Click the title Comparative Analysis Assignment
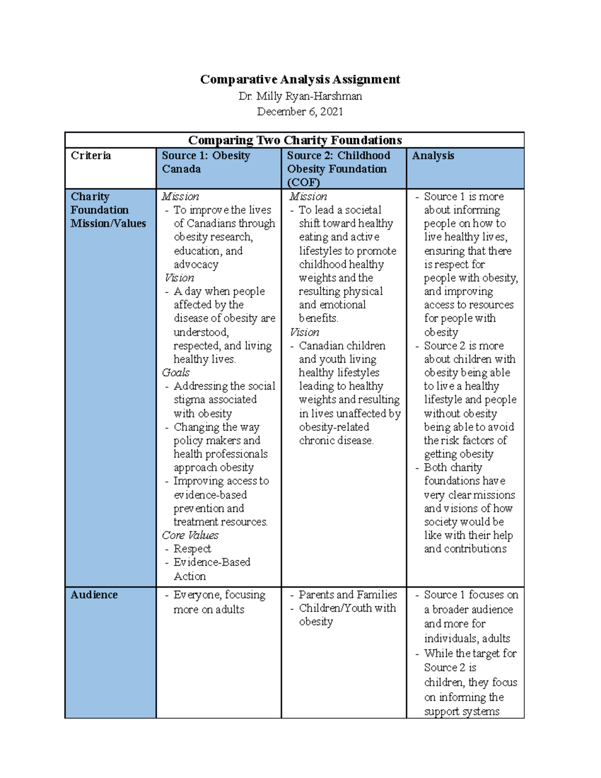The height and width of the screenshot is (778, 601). pyautogui.click(x=300, y=79)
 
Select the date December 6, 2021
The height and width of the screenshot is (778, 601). pyautogui.click(x=300, y=112)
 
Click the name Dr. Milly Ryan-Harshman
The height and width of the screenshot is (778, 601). pyautogui.click(x=300, y=96)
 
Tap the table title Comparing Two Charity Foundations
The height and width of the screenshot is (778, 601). pyautogui.click(x=294, y=140)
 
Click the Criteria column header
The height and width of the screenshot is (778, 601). pyautogui.click(x=91, y=155)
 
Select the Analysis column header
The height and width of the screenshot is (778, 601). pyautogui.click(x=433, y=155)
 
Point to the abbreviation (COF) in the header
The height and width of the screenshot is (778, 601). pyautogui.click(x=303, y=182)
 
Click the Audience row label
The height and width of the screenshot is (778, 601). pyautogui.click(x=94, y=595)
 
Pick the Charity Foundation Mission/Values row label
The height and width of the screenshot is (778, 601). pyautogui.click(x=108, y=210)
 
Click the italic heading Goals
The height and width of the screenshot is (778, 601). pyautogui.click(x=176, y=372)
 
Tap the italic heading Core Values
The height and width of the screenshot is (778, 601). pyautogui.click(x=190, y=535)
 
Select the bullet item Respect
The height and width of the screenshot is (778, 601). pyautogui.click(x=192, y=549)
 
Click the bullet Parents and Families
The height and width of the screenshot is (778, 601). pyautogui.click(x=348, y=595)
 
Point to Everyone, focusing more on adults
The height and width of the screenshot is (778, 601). pyautogui.click(x=219, y=602)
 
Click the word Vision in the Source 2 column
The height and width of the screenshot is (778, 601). pyautogui.click(x=305, y=332)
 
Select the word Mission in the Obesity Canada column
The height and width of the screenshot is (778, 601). pyautogui.click(x=180, y=196)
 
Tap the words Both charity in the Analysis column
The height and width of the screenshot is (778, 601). pyautogui.click(x=453, y=467)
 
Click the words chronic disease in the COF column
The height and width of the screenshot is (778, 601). pyautogui.click(x=336, y=440)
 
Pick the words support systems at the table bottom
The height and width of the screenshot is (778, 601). pyautogui.click(x=461, y=711)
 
